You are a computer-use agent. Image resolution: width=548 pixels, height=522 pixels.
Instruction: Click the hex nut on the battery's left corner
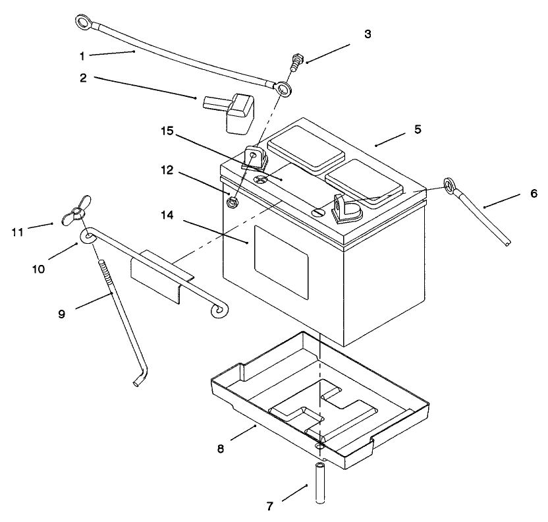[x=232, y=202]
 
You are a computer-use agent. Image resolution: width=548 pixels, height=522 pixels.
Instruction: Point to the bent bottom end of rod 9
[x=140, y=380]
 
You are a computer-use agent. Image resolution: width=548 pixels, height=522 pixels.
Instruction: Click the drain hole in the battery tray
[x=320, y=446]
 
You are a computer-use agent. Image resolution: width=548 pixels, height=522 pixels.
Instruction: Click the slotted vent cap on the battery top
[x=318, y=212]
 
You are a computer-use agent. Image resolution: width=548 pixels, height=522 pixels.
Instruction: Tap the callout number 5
[x=417, y=129]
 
